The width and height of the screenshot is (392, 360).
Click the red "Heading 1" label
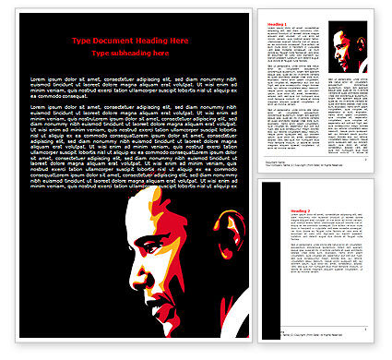click(x=275, y=24)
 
